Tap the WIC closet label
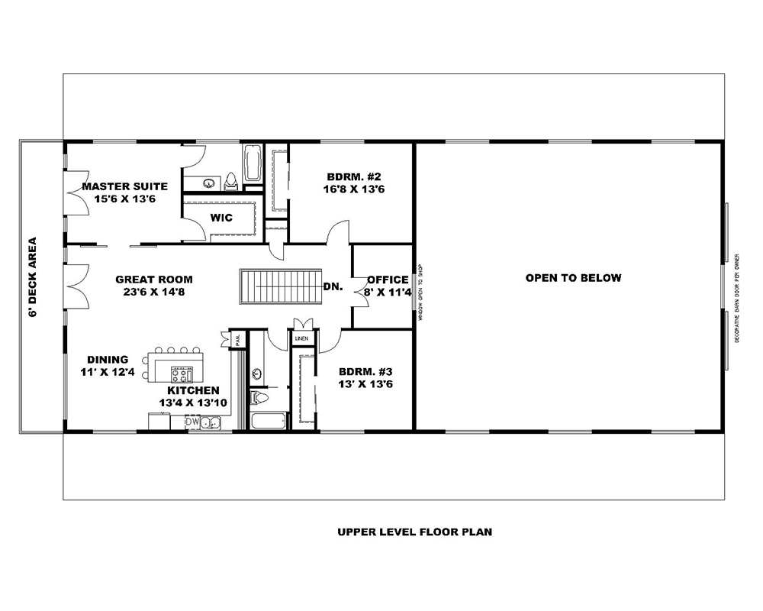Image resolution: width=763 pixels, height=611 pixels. (221, 218)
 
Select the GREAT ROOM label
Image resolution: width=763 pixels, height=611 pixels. (154, 285)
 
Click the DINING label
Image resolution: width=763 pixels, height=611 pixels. (107, 366)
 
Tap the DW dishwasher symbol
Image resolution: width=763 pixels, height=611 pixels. (192, 421)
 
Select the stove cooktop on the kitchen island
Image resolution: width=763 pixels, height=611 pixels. (182, 374)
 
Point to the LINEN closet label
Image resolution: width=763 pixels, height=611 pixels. (301, 337)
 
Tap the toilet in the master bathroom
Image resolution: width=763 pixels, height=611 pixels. (231, 181)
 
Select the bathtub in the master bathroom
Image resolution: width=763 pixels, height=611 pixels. (253, 163)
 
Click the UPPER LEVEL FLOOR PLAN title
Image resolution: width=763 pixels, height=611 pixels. (414, 532)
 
